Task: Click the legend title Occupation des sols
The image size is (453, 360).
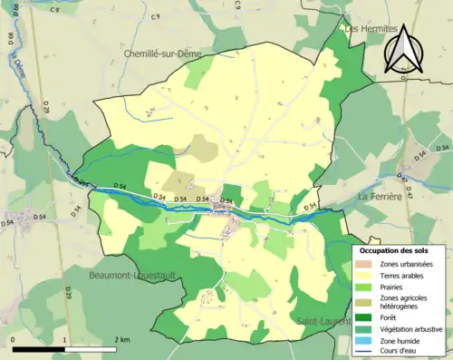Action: click(x=400, y=249)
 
